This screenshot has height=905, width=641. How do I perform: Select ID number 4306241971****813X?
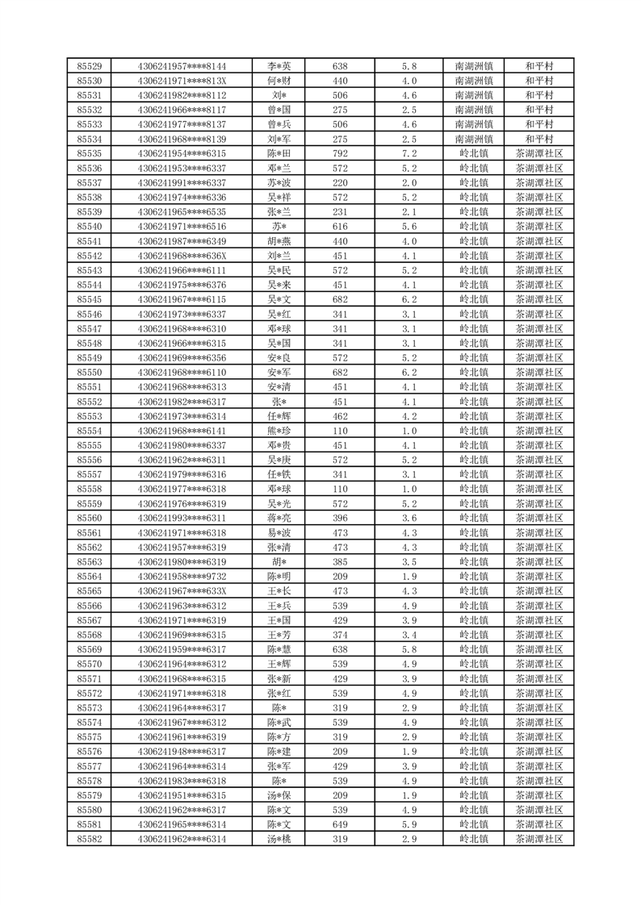tap(182, 81)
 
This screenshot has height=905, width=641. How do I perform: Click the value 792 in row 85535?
tap(340, 153)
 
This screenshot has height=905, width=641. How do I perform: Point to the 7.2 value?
tap(408, 153)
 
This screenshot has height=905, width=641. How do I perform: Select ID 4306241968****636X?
tap(182, 256)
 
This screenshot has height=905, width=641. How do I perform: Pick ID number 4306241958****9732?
tap(182, 577)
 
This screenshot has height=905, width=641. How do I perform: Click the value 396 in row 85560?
tap(340, 519)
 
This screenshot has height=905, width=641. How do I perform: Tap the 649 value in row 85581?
tap(340, 824)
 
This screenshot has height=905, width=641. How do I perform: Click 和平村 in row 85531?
tap(538, 95)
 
